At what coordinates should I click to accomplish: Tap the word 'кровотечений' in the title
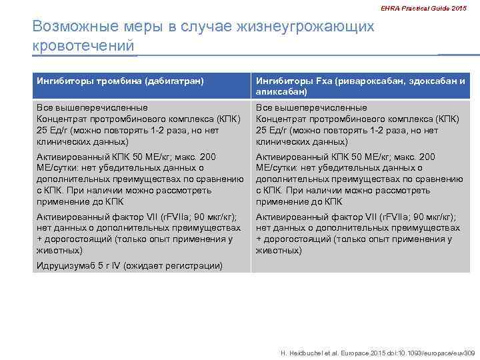pyautogui.click(x=83, y=46)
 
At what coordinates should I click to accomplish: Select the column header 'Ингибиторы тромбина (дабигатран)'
pyautogui.click(x=120, y=81)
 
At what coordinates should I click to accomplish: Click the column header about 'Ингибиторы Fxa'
pyautogui.click(x=361, y=81)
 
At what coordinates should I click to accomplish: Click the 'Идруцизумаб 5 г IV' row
pyautogui.click(x=129, y=265)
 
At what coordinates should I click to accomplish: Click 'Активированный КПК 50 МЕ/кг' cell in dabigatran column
pyautogui.click(x=140, y=179)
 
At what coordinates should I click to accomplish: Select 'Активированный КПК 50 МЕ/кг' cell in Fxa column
pyautogui.click(x=360, y=179)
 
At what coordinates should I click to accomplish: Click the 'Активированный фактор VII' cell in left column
pyautogui.click(x=140, y=233)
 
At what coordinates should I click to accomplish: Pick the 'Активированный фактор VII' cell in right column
pyautogui.click(x=360, y=233)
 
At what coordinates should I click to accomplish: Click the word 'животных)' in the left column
pyautogui.click(x=59, y=251)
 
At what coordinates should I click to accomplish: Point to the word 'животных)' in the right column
pyautogui.click(x=279, y=251)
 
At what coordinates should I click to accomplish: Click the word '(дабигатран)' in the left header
pyautogui.click(x=173, y=81)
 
